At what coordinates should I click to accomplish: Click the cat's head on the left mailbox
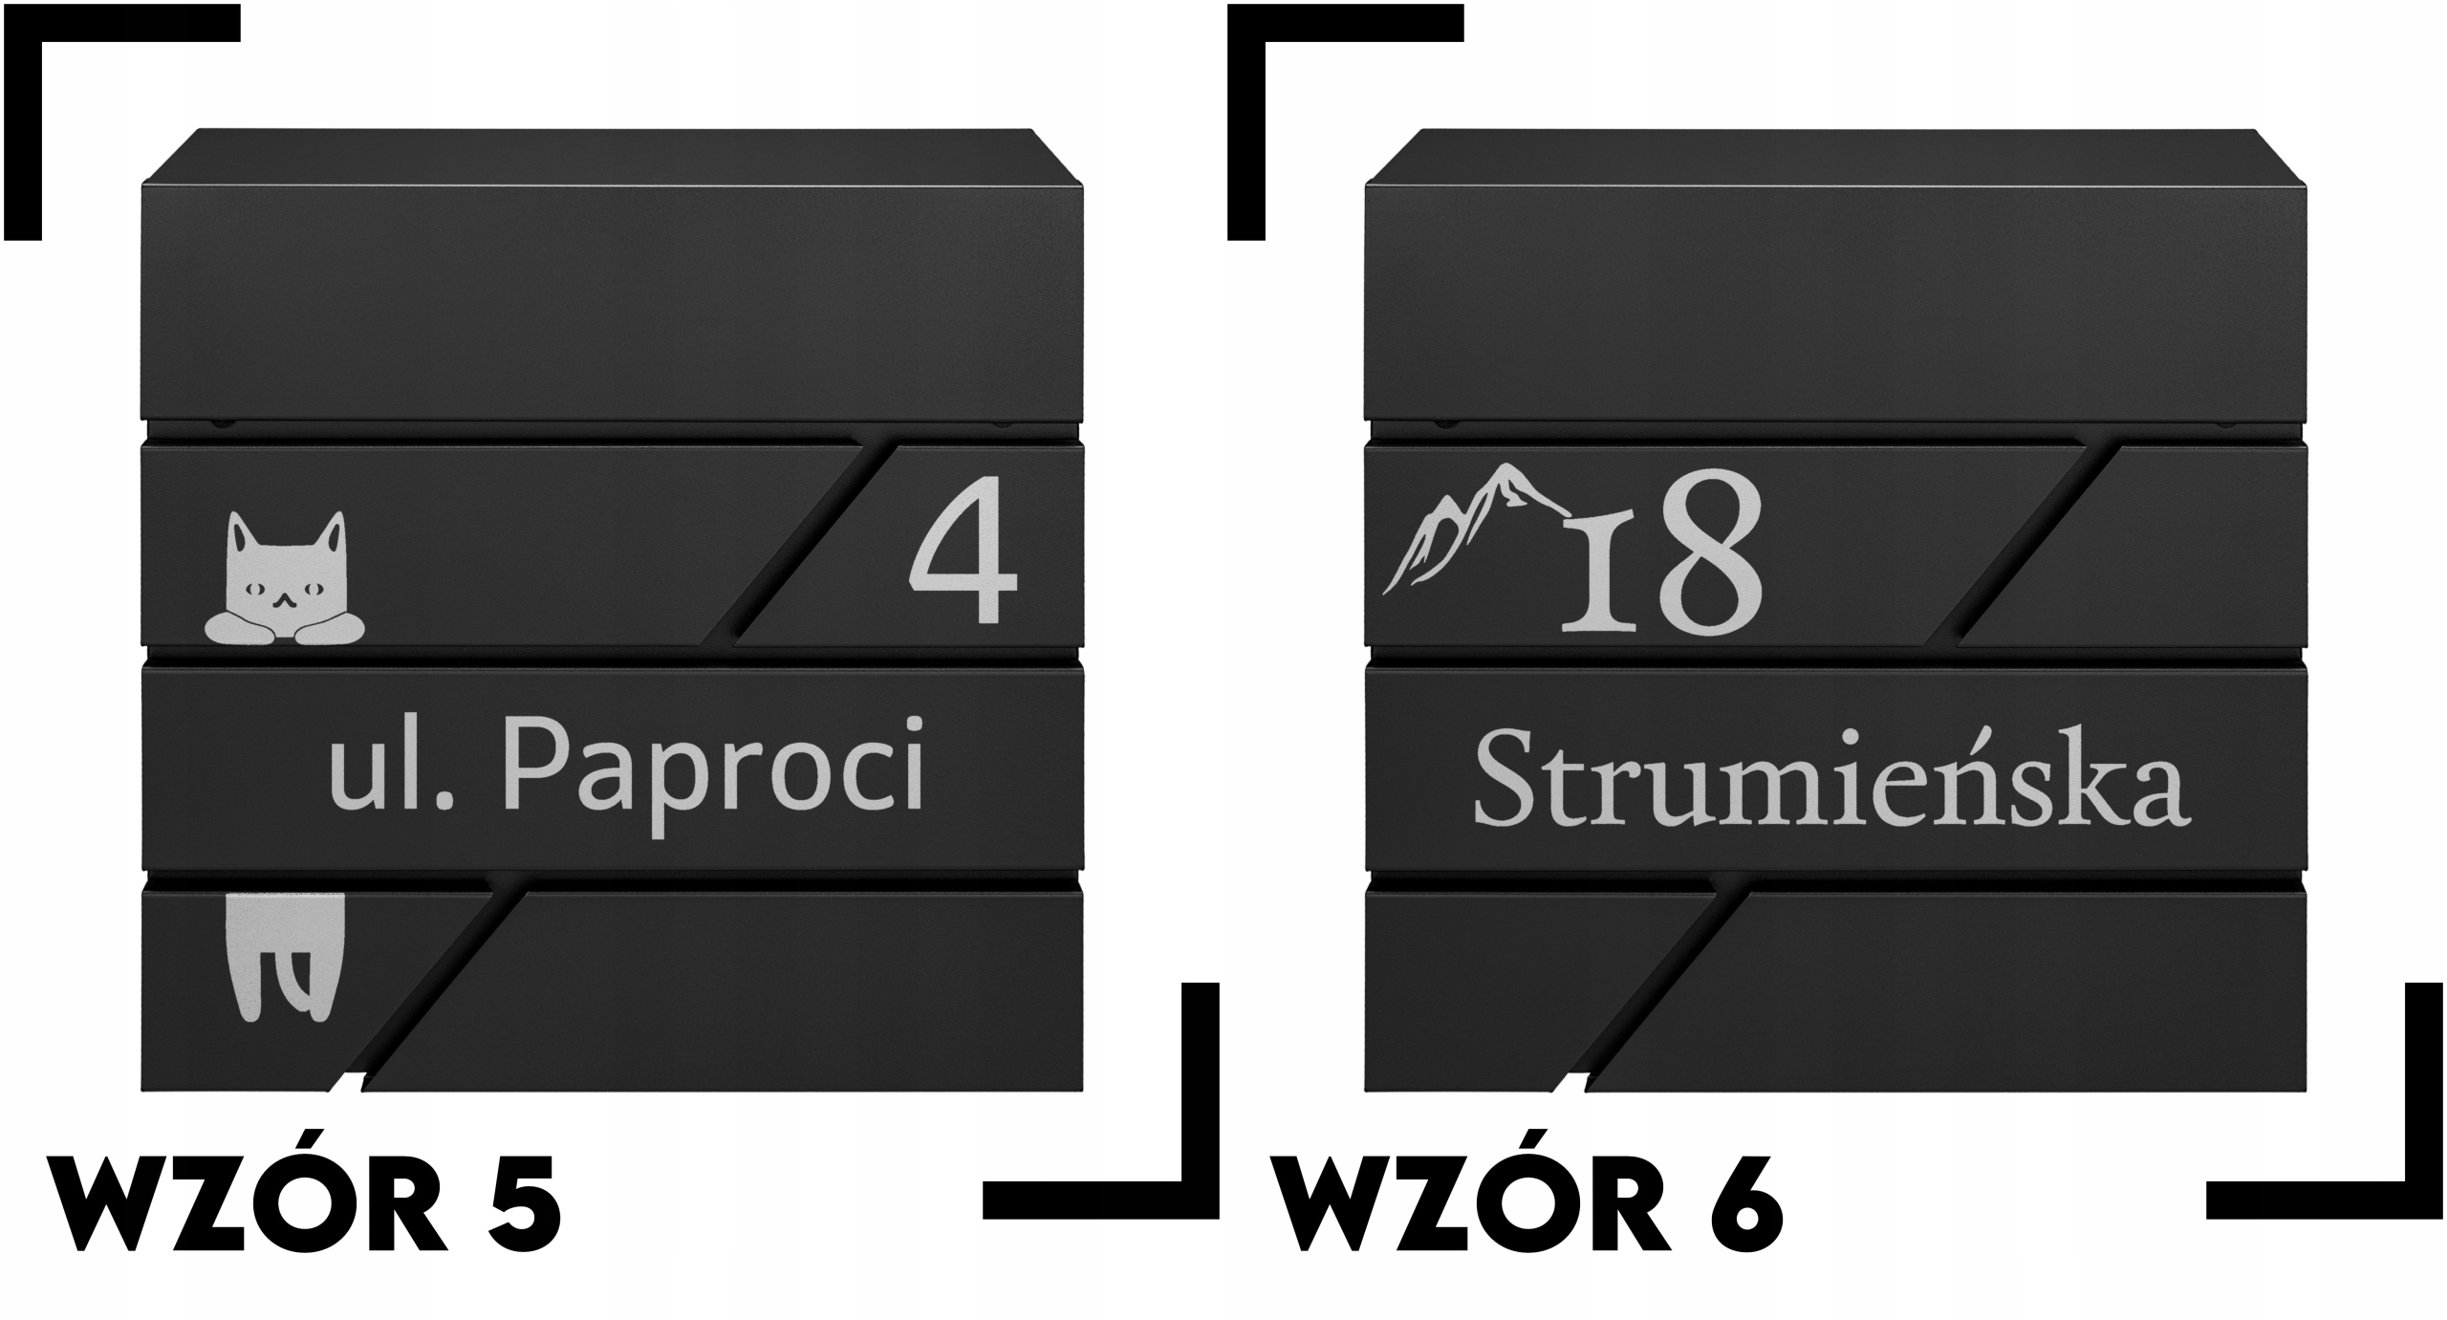(x=286, y=573)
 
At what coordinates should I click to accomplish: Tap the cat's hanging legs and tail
(x=285, y=955)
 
